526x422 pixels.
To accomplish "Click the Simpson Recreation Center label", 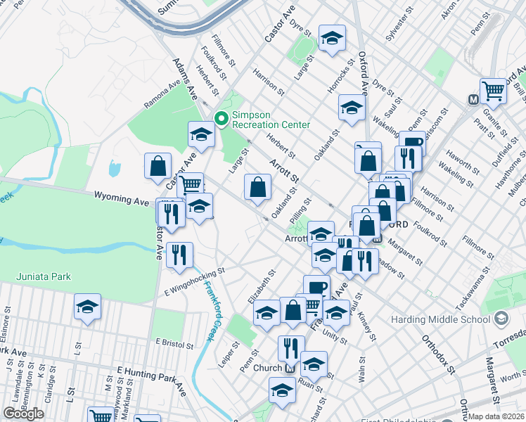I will [271, 120].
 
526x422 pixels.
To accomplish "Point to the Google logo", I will [23, 414].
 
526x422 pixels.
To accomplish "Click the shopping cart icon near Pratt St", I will [495, 90].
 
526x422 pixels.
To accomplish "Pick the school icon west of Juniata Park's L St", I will [87, 306].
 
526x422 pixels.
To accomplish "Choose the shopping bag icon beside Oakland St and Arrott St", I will [258, 187].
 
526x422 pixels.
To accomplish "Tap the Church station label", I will [267, 368].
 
